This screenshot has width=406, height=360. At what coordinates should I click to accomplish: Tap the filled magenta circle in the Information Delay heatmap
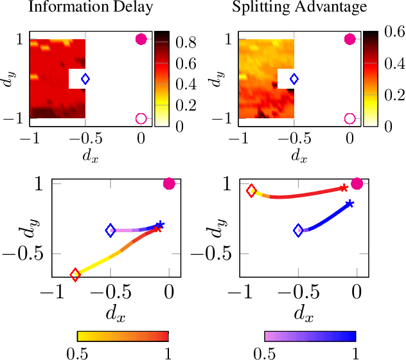point(141,39)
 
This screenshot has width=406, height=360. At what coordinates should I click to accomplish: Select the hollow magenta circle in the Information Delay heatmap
point(141,118)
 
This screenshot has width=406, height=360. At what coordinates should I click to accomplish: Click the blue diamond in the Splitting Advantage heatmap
point(294,79)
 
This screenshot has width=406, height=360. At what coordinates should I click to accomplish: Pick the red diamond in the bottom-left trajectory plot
point(75,275)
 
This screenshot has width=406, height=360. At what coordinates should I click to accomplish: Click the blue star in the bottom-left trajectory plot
point(160,225)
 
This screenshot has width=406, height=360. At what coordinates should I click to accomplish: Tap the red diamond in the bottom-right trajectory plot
point(251,190)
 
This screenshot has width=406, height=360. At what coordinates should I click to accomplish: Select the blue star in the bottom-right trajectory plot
point(349,204)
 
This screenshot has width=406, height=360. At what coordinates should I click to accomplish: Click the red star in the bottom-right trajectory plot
point(344,188)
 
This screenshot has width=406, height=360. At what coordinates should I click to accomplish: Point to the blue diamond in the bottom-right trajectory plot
point(299,230)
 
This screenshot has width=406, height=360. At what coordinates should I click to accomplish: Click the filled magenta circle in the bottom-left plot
point(169,184)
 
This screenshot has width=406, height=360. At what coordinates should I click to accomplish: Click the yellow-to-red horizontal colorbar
point(123,336)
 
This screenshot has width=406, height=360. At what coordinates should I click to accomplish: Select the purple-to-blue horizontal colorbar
point(310,336)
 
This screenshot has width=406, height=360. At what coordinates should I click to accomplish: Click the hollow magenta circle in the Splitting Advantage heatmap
point(349,118)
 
